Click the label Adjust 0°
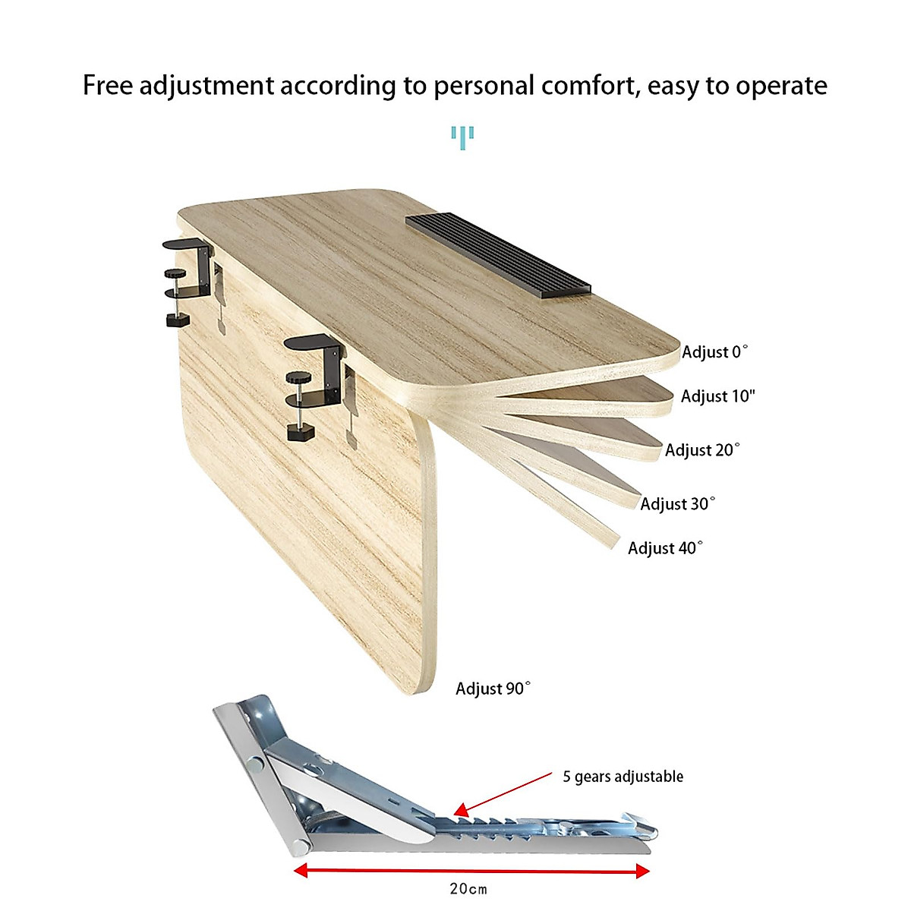click(714, 352)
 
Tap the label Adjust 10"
click(717, 396)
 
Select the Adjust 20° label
click(701, 450)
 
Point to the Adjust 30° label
click(677, 504)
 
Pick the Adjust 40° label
click(665, 548)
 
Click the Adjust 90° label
click(493, 689)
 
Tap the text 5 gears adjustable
click(623, 777)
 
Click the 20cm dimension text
click(468, 889)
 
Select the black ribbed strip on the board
click(498, 253)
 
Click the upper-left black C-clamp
click(185, 281)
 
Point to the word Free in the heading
click(108, 85)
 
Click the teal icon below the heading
click(462, 137)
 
